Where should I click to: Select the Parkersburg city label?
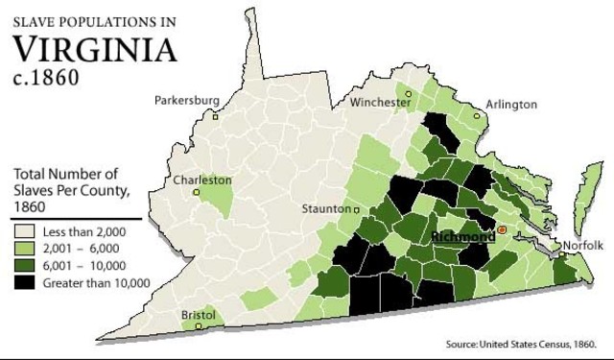point(187,99)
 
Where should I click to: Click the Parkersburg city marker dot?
point(216,116)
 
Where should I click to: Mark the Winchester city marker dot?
point(408,94)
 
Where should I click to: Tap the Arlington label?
point(511,104)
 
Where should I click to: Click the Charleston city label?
point(202,180)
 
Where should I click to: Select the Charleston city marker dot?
point(198,192)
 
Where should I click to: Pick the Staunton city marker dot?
point(357,208)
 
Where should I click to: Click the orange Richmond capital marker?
point(502,231)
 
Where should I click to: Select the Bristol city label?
point(199,314)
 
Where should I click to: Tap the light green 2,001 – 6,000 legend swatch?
point(24,249)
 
